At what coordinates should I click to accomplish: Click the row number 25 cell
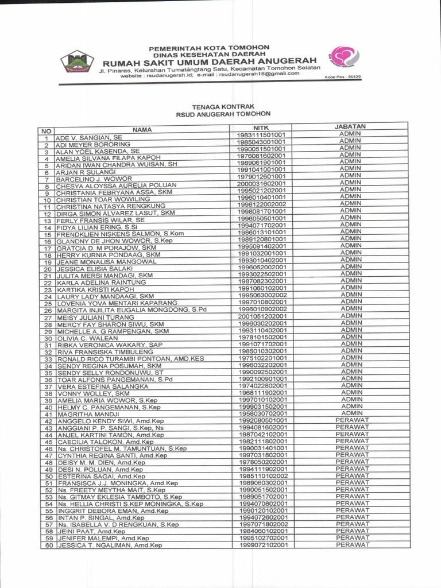[47, 303]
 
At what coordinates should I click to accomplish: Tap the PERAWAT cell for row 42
[352, 420]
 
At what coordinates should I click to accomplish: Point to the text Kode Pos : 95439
[343, 78]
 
